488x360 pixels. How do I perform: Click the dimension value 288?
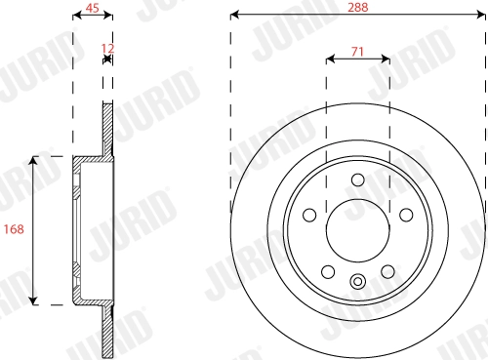click(x=358, y=6)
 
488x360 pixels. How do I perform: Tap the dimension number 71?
click(x=358, y=50)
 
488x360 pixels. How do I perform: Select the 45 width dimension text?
click(x=93, y=8)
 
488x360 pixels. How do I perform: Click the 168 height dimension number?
click(x=14, y=229)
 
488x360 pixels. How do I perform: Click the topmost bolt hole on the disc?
click(x=358, y=180)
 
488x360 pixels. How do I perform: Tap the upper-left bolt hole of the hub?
click(x=311, y=214)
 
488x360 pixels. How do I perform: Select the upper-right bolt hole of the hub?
click(x=404, y=214)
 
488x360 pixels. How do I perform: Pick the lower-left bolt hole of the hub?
click(x=329, y=269)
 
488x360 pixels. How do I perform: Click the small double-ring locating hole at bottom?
click(x=358, y=284)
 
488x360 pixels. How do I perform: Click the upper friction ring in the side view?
click(x=109, y=127)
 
